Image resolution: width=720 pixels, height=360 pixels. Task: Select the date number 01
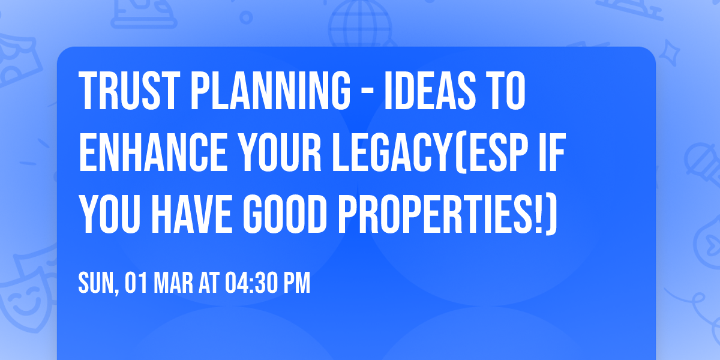click(136, 283)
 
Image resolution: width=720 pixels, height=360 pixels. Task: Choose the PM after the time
click(297, 283)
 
